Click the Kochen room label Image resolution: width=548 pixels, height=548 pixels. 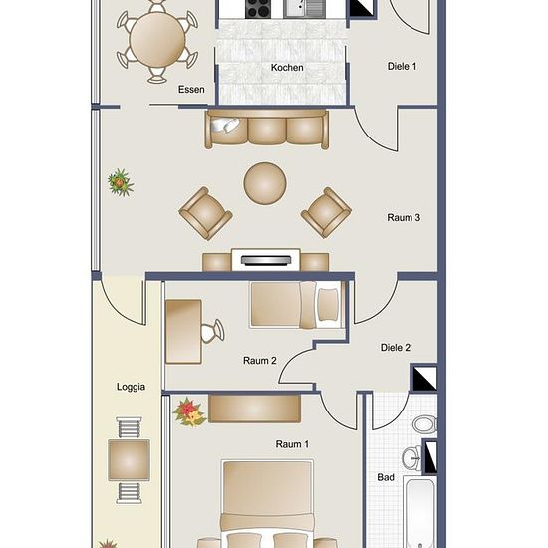(x=287, y=67)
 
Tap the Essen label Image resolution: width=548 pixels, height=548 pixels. (x=191, y=89)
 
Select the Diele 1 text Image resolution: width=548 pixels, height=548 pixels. (x=402, y=66)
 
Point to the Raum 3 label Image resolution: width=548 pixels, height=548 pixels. (x=404, y=218)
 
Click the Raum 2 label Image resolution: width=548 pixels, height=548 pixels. (x=260, y=361)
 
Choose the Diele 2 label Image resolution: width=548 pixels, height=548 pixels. (x=396, y=348)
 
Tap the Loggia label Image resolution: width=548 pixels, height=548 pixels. (x=131, y=387)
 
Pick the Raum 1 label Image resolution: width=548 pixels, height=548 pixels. (x=292, y=444)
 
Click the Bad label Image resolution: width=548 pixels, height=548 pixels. (x=386, y=477)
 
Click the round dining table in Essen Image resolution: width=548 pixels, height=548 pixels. (x=156, y=40)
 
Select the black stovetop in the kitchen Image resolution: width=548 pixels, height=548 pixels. (x=258, y=9)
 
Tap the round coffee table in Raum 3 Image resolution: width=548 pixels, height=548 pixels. (x=265, y=182)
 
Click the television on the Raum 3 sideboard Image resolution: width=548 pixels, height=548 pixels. (x=266, y=260)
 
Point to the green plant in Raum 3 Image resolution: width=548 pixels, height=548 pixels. (x=121, y=182)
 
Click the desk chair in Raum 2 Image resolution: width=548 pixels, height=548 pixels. (x=212, y=331)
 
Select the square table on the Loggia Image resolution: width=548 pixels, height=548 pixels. (x=129, y=460)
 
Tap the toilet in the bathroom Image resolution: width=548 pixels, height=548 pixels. (x=425, y=424)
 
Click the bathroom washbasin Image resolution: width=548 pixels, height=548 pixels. (x=411, y=458)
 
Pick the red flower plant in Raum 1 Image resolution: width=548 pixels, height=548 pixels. (x=189, y=412)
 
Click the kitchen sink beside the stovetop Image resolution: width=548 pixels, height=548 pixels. (x=303, y=8)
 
